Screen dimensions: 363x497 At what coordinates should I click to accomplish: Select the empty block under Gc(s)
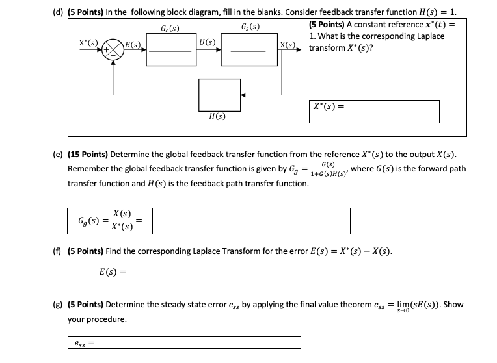tap(170, 51)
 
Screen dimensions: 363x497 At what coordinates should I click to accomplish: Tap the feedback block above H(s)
tap(220, 95)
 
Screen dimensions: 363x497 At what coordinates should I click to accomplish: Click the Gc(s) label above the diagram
tap(170, 28)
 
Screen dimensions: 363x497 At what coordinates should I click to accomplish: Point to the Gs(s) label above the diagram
tap(250, 28)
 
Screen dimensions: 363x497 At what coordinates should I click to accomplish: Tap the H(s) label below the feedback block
tap(217, 117)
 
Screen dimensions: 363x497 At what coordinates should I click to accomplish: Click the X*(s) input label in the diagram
tap(88, 44)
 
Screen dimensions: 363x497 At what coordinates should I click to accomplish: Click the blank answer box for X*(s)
tap(394, 111)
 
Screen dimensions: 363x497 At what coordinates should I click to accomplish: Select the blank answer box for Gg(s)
tap(250, 221)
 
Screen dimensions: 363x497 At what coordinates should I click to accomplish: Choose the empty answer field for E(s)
tap(254, 279)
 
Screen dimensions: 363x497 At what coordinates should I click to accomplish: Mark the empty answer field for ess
tap(201, 342)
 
